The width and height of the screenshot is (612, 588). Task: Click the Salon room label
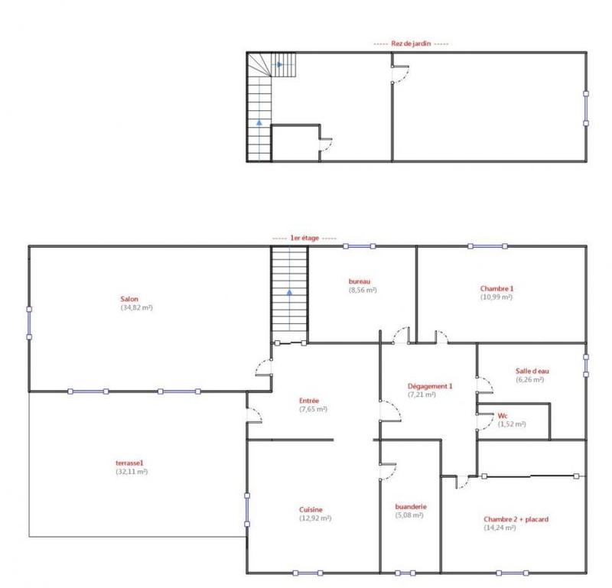[x=129, y=298]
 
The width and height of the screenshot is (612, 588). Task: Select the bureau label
[x=359, y=281]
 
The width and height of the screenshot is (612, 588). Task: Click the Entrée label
[x=308, y=400]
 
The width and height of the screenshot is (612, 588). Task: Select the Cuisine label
[x=311, y=510]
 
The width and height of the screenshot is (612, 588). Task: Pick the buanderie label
[x=410, y=506]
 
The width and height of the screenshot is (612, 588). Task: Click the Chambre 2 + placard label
[x=516, y=519]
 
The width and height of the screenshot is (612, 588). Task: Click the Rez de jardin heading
[x=409, y=44]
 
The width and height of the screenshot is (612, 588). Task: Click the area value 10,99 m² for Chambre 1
[x=496, y=297]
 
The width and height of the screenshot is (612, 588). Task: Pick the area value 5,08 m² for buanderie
[x=411, y=515]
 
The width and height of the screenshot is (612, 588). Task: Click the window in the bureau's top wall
[x=359, y=246]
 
